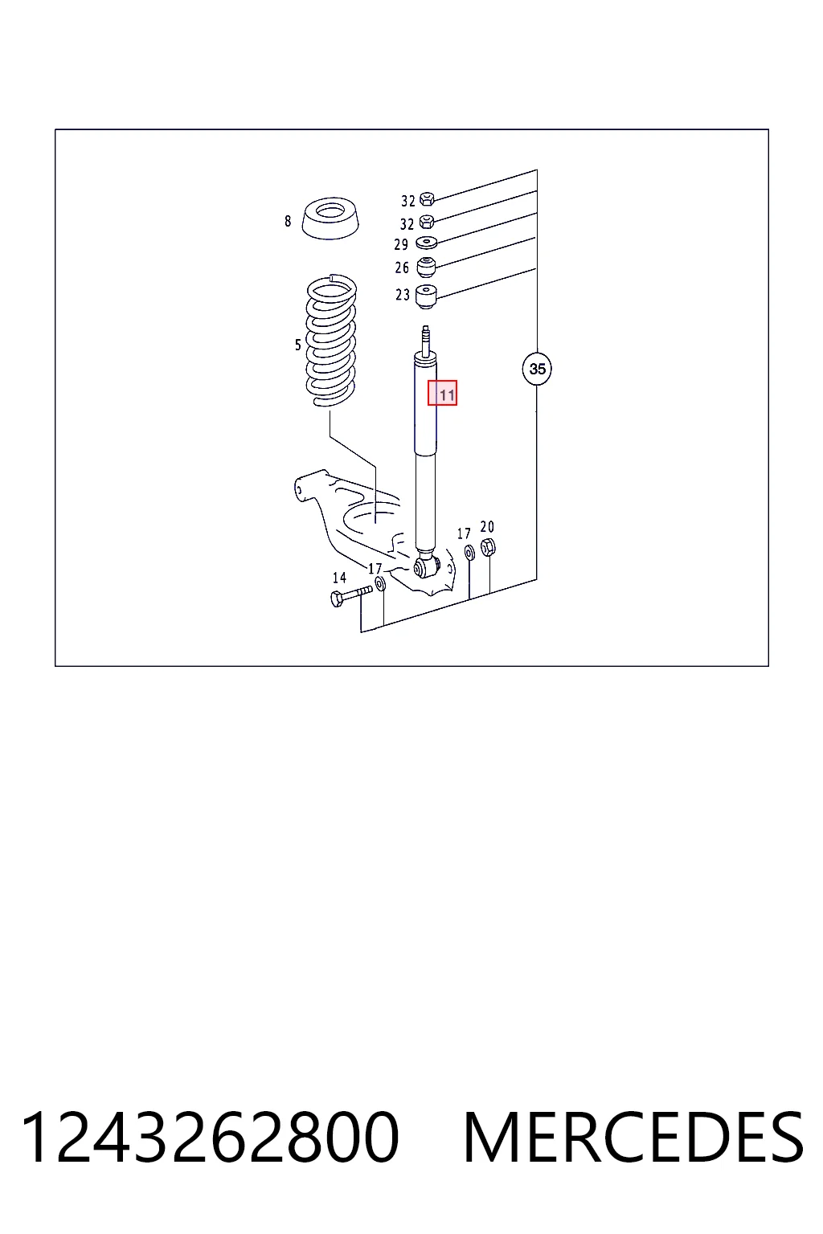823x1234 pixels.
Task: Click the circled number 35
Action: (x=537, y=369)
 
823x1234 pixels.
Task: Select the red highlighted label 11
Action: (x=443, y=393)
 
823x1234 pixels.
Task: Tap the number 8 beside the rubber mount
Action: (x=288, y=221)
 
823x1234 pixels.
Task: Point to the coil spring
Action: (x=331, y=340)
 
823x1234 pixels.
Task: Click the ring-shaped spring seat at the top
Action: (x=330, y=219)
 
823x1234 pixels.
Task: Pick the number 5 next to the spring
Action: (x=298, y=345)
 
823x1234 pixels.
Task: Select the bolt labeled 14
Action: (x=351, y=596)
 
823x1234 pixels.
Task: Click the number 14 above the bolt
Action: (x=339, y=578)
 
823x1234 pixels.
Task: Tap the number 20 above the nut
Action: (x=487, y=527)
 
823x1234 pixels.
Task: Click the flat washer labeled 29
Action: (x=426, y=242)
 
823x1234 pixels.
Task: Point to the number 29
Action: (x=401, y=244)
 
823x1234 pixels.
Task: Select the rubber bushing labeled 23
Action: (x=425, y=296)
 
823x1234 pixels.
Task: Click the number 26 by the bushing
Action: (x=402, y=268)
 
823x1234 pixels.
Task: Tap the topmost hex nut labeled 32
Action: (x=427, y=198)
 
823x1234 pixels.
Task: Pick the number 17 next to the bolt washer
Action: (x=375, y=569)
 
